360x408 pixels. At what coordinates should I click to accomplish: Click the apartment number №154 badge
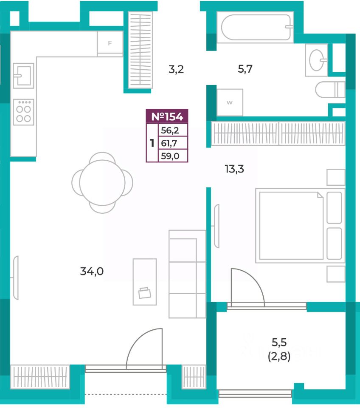[167, 116]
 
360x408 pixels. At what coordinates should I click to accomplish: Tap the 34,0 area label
[92, 271]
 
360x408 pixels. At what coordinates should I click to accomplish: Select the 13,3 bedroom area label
[234, 169]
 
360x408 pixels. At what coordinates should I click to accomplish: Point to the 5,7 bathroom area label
[245, 69]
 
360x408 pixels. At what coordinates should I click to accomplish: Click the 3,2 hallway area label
[176, 69]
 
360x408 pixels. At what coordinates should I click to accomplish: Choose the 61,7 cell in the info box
[173, 143]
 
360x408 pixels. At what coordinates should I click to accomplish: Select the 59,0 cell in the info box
[173, 156]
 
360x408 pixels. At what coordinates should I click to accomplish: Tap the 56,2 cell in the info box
[173, 130]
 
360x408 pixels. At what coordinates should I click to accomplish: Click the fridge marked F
[110, 43]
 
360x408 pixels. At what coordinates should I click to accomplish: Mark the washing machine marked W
[230, 102]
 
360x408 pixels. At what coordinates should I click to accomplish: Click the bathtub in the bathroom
[256, 27]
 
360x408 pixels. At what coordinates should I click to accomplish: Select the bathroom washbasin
[317, 60]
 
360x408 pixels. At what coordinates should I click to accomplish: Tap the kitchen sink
[23, 76]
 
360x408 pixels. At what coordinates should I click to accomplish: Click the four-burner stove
[23, 112]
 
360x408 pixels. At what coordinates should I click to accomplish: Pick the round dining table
[102, 183]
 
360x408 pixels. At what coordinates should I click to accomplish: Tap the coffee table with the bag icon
[144, 282]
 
